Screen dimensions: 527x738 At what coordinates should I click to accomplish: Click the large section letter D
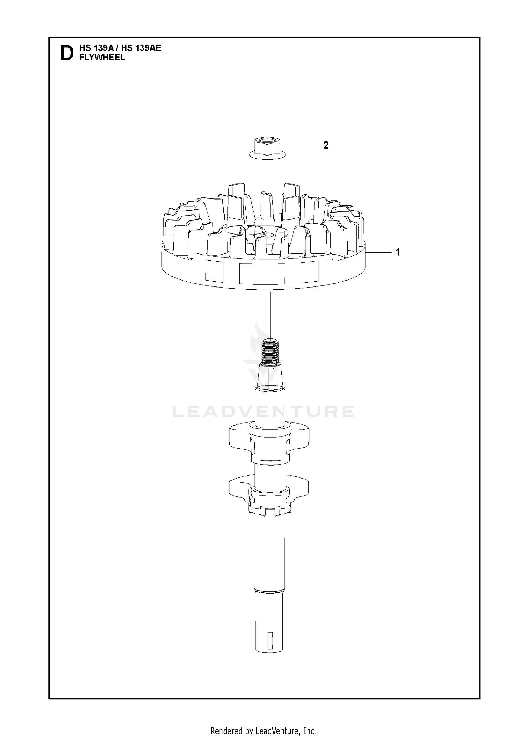point(67,53)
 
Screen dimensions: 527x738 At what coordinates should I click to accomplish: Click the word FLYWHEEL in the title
point(102,58)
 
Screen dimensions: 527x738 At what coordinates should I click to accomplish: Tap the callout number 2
point(326,145)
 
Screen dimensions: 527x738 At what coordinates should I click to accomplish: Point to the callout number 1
point(397,252)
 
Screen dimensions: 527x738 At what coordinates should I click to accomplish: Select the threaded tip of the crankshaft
point(270,352)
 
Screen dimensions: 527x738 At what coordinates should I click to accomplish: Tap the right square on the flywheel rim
point(310,271)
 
